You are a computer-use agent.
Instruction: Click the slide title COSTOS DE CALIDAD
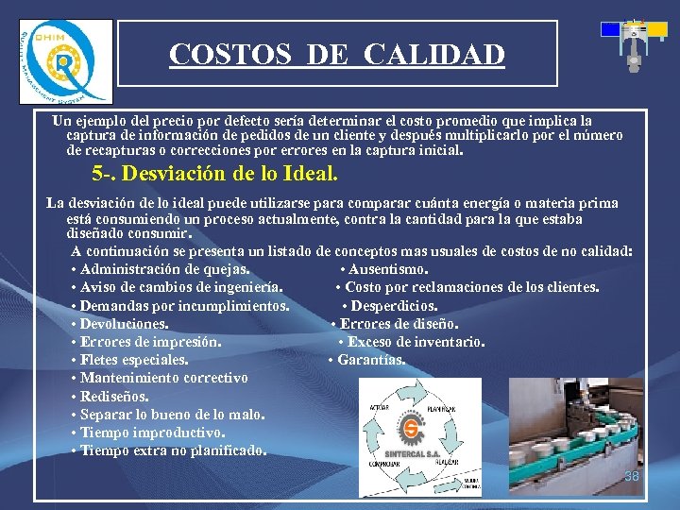337,55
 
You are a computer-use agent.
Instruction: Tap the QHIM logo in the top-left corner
65,62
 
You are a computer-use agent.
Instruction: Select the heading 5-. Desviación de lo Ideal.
214,175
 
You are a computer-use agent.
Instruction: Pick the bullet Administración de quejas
161,270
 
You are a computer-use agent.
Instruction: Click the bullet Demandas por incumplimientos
179,306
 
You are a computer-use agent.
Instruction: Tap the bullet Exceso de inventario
412,342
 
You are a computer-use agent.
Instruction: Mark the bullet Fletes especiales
129,360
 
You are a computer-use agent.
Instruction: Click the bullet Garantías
367,360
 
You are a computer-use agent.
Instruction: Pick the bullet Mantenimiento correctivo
159,378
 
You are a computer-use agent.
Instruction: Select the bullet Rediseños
111,397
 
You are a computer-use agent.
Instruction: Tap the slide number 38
632,476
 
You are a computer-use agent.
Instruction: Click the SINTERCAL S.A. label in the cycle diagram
410,450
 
